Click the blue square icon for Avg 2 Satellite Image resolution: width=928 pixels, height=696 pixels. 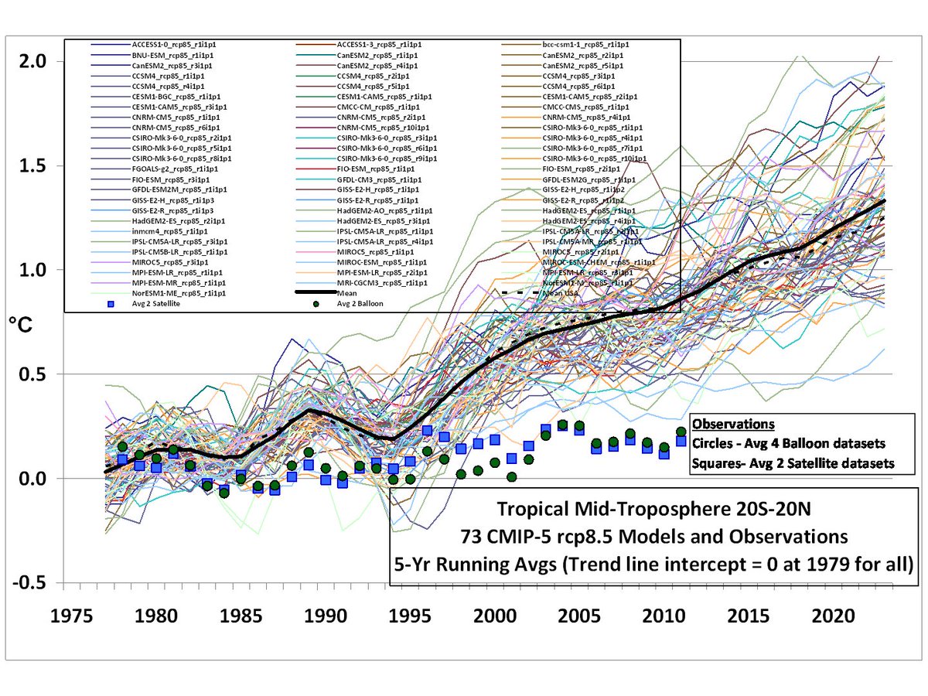click(99, 304)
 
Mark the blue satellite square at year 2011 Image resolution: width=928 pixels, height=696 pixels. click(681, 441)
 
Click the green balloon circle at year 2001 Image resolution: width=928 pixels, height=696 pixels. click(511, 477)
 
